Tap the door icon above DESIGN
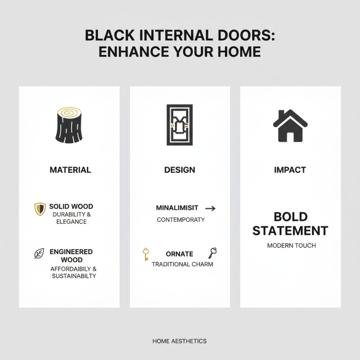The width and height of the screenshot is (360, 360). [x=180, y=125]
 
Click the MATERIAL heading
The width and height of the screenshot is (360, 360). [x=70, y=170]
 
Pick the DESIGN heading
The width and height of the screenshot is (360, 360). [x=180, y=170]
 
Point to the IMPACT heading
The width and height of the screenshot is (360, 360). [x=290, y=170]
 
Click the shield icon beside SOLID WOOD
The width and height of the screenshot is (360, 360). [x=40, y=209]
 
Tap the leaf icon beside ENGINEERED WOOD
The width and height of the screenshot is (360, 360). [x=40, y=253]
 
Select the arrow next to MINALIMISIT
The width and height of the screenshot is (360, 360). [x=210, y=208]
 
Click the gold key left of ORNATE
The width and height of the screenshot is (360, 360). [x=146, y=254]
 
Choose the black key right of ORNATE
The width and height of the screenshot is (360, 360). [x=212, y=253]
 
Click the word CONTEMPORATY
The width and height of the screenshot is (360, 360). [x=180, y=220]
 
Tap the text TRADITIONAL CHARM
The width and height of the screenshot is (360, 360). [x=182, y=264]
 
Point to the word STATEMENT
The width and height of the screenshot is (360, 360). [x=290, y=231]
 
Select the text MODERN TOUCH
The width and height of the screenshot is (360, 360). [x=291, y=246]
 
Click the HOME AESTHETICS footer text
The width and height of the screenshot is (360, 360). [x=180, y=342]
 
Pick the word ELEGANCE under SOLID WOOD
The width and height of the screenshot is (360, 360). [x=72, y=221]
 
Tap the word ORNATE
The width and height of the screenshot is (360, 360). [x=179, y=254]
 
